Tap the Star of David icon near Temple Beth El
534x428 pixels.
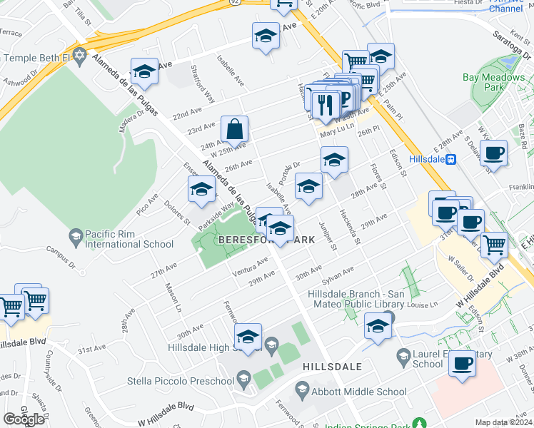80,56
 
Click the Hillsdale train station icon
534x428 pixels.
451,159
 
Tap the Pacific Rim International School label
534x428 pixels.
129,239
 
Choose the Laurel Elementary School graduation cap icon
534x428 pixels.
403,355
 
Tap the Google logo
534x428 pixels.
24,419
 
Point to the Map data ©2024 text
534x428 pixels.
503,422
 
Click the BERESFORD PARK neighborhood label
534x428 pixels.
266,240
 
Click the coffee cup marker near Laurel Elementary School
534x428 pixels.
462,364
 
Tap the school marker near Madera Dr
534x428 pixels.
144,71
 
